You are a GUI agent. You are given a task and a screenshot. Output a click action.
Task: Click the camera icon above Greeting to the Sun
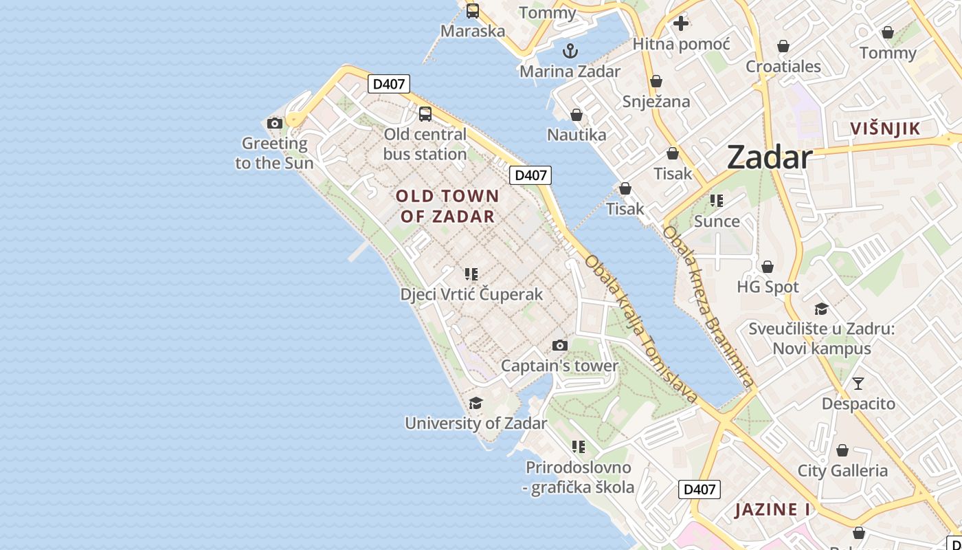[x=275, y=124]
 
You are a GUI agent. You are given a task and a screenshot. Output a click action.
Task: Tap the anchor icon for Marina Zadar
[x=570, y=51]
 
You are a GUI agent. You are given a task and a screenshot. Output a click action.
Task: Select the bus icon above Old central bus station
[x=425, y=114]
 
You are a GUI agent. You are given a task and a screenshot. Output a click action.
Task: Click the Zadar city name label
[x=770, y=157]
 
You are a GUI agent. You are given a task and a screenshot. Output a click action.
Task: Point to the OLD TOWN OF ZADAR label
[x=447, y=206]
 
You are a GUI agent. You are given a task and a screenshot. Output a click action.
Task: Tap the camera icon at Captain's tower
[x=560, y=345]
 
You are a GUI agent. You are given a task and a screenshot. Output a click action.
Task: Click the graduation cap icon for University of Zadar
[x=476, y=403]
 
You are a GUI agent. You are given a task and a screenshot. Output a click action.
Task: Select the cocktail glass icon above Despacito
[x=858, y=384]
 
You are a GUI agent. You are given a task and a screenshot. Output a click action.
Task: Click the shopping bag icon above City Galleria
[x=842, y=451]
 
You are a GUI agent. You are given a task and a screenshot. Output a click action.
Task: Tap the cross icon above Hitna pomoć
[x=680, y=24]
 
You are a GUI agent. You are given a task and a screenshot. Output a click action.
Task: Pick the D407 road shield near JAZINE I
[x=700, y=489]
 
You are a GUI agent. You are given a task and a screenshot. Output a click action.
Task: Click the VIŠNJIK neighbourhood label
[x=885, y=129]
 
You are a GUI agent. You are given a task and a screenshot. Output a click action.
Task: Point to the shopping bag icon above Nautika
[x=577, y=115]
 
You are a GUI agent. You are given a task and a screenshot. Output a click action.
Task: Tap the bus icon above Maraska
[x=473, y=11]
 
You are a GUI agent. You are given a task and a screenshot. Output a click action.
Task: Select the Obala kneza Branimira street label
[x=708, y=306]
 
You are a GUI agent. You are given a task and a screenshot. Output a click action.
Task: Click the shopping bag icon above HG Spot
[x=768, y=267]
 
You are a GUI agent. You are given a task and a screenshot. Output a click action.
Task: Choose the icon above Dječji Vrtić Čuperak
[x=471, y=274]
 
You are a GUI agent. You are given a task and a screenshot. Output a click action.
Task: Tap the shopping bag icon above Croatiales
[x=783, y=47]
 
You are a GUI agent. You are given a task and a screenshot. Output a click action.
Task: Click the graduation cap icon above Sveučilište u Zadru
[x=821, y=309]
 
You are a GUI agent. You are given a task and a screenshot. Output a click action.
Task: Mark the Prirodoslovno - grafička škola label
[x=579, y=478]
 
